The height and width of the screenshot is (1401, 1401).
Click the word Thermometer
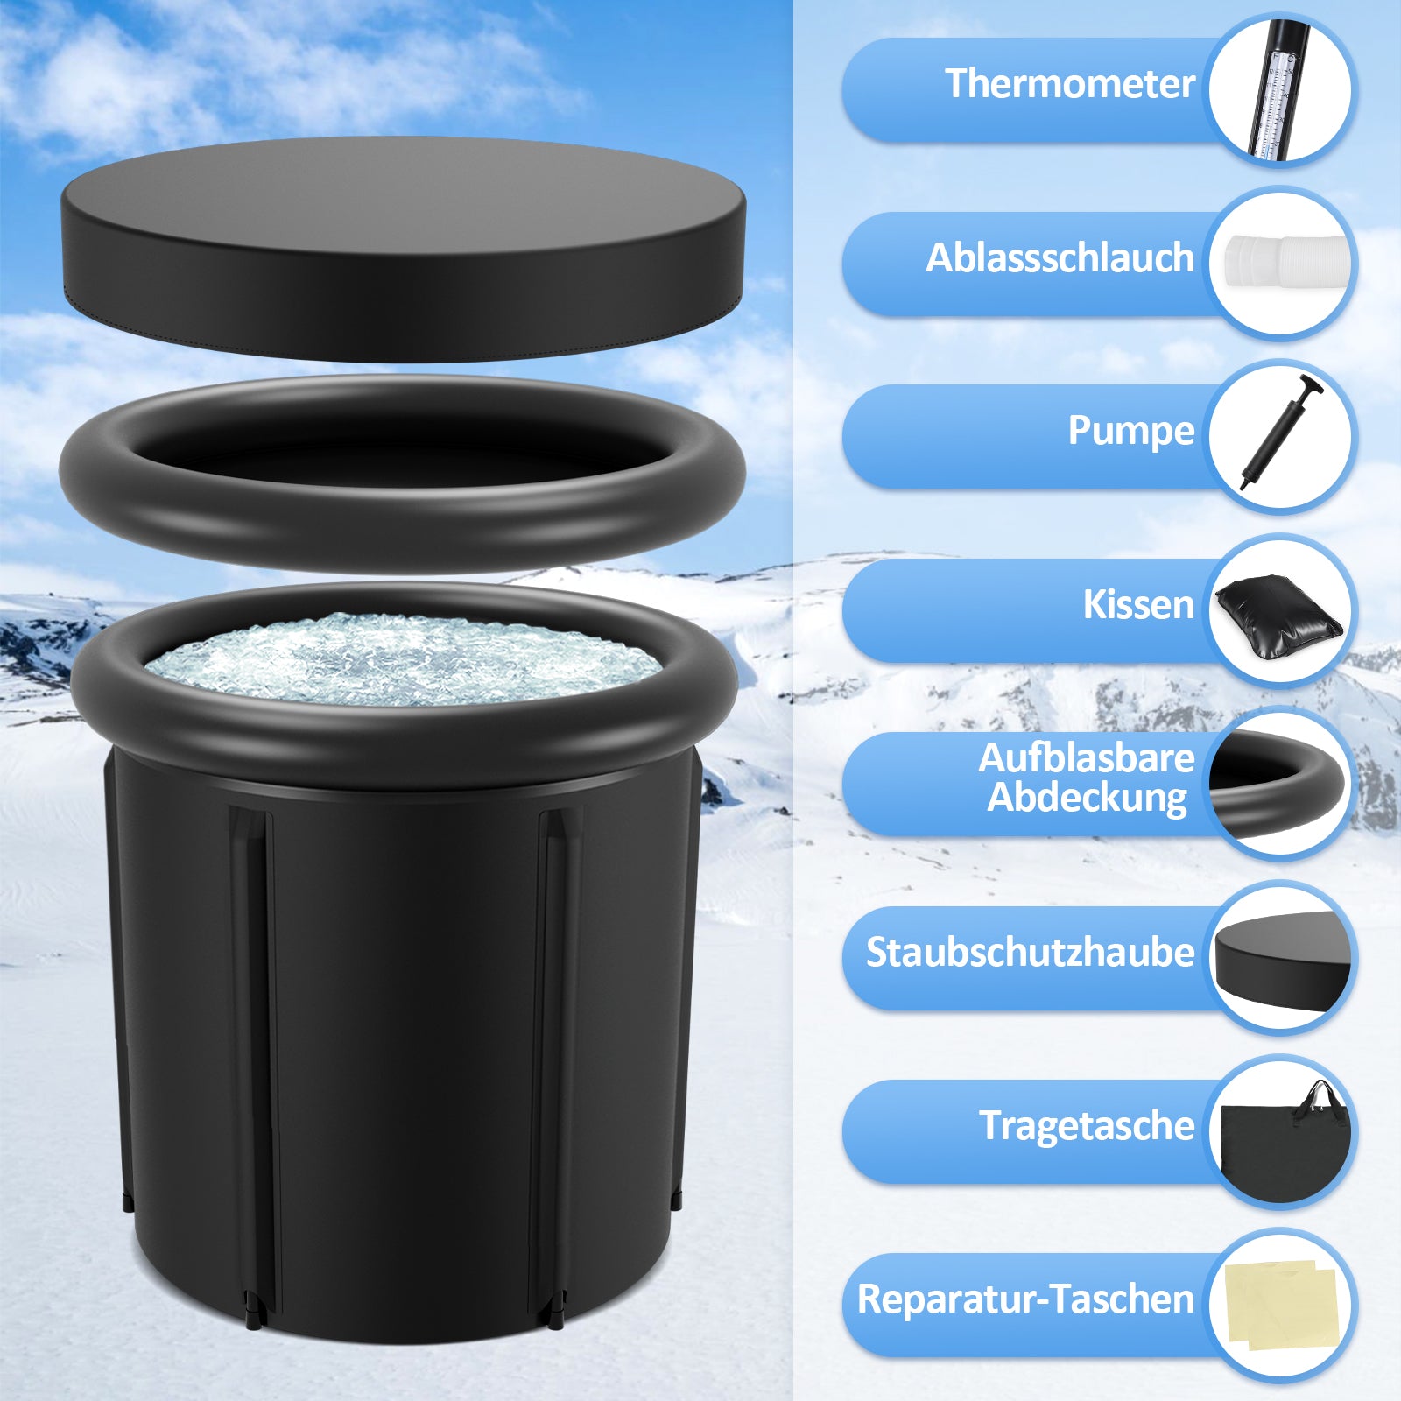coord(1069,84)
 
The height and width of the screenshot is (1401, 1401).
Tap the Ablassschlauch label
coord(1060,258)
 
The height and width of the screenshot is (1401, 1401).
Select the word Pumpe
coord(1130,431)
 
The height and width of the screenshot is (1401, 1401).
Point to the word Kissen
coord(1137,604)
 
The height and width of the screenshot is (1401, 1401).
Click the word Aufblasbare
coord(1086,758)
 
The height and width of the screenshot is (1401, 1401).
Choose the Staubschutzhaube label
coord(1030,953)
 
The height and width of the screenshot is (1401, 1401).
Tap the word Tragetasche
coord(1087,1126)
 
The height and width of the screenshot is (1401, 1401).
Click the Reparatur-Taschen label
coord(1025,1299)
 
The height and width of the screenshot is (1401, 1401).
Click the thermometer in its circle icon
coord(1275,93)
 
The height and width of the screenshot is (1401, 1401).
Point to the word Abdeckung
coord(1087,798)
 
